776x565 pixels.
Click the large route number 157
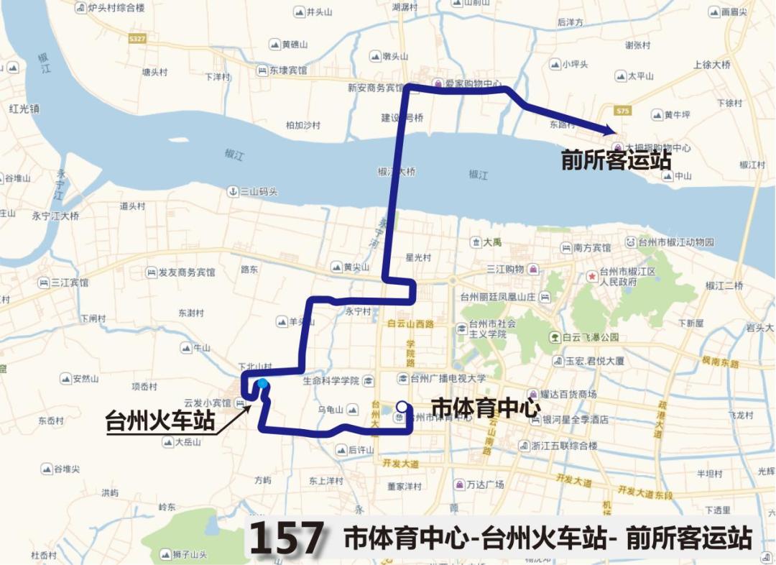coord(287,538)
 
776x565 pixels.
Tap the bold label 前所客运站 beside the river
coord(616,160)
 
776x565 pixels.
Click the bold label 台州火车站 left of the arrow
coord(160,421)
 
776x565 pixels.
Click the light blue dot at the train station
coord(262,383)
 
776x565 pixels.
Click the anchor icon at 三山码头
coord(232,191)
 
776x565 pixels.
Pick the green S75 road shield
coord(622,111)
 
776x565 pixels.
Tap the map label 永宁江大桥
coord(55,216)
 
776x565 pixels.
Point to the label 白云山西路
coord(410,324)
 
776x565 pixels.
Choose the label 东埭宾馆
coord(287,70)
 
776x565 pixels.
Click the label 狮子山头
coord(190,554)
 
